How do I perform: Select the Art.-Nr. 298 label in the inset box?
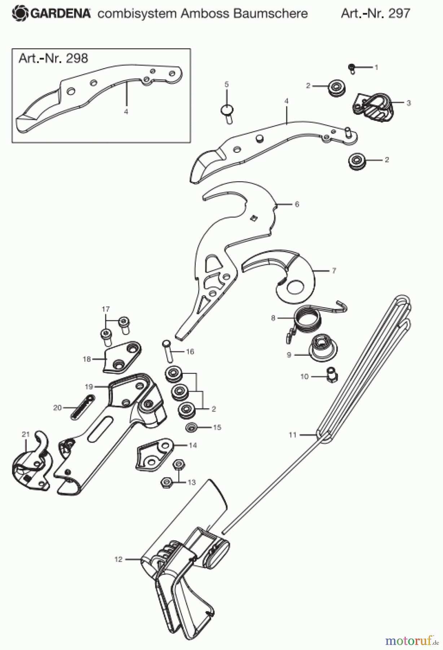point(53,58)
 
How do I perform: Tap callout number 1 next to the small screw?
point(376,67)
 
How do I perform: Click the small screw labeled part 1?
point(352,68)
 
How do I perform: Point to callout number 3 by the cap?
point(408,103)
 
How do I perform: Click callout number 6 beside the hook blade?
point(297,204)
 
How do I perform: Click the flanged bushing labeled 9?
point(324,349)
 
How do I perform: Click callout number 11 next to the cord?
point(293,435)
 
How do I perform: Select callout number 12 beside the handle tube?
point(119,559)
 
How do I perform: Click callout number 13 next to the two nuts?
point(192,482)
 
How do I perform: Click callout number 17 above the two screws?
point(106,309)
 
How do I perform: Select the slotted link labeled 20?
point(82,407)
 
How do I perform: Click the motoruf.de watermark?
point(411,641)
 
